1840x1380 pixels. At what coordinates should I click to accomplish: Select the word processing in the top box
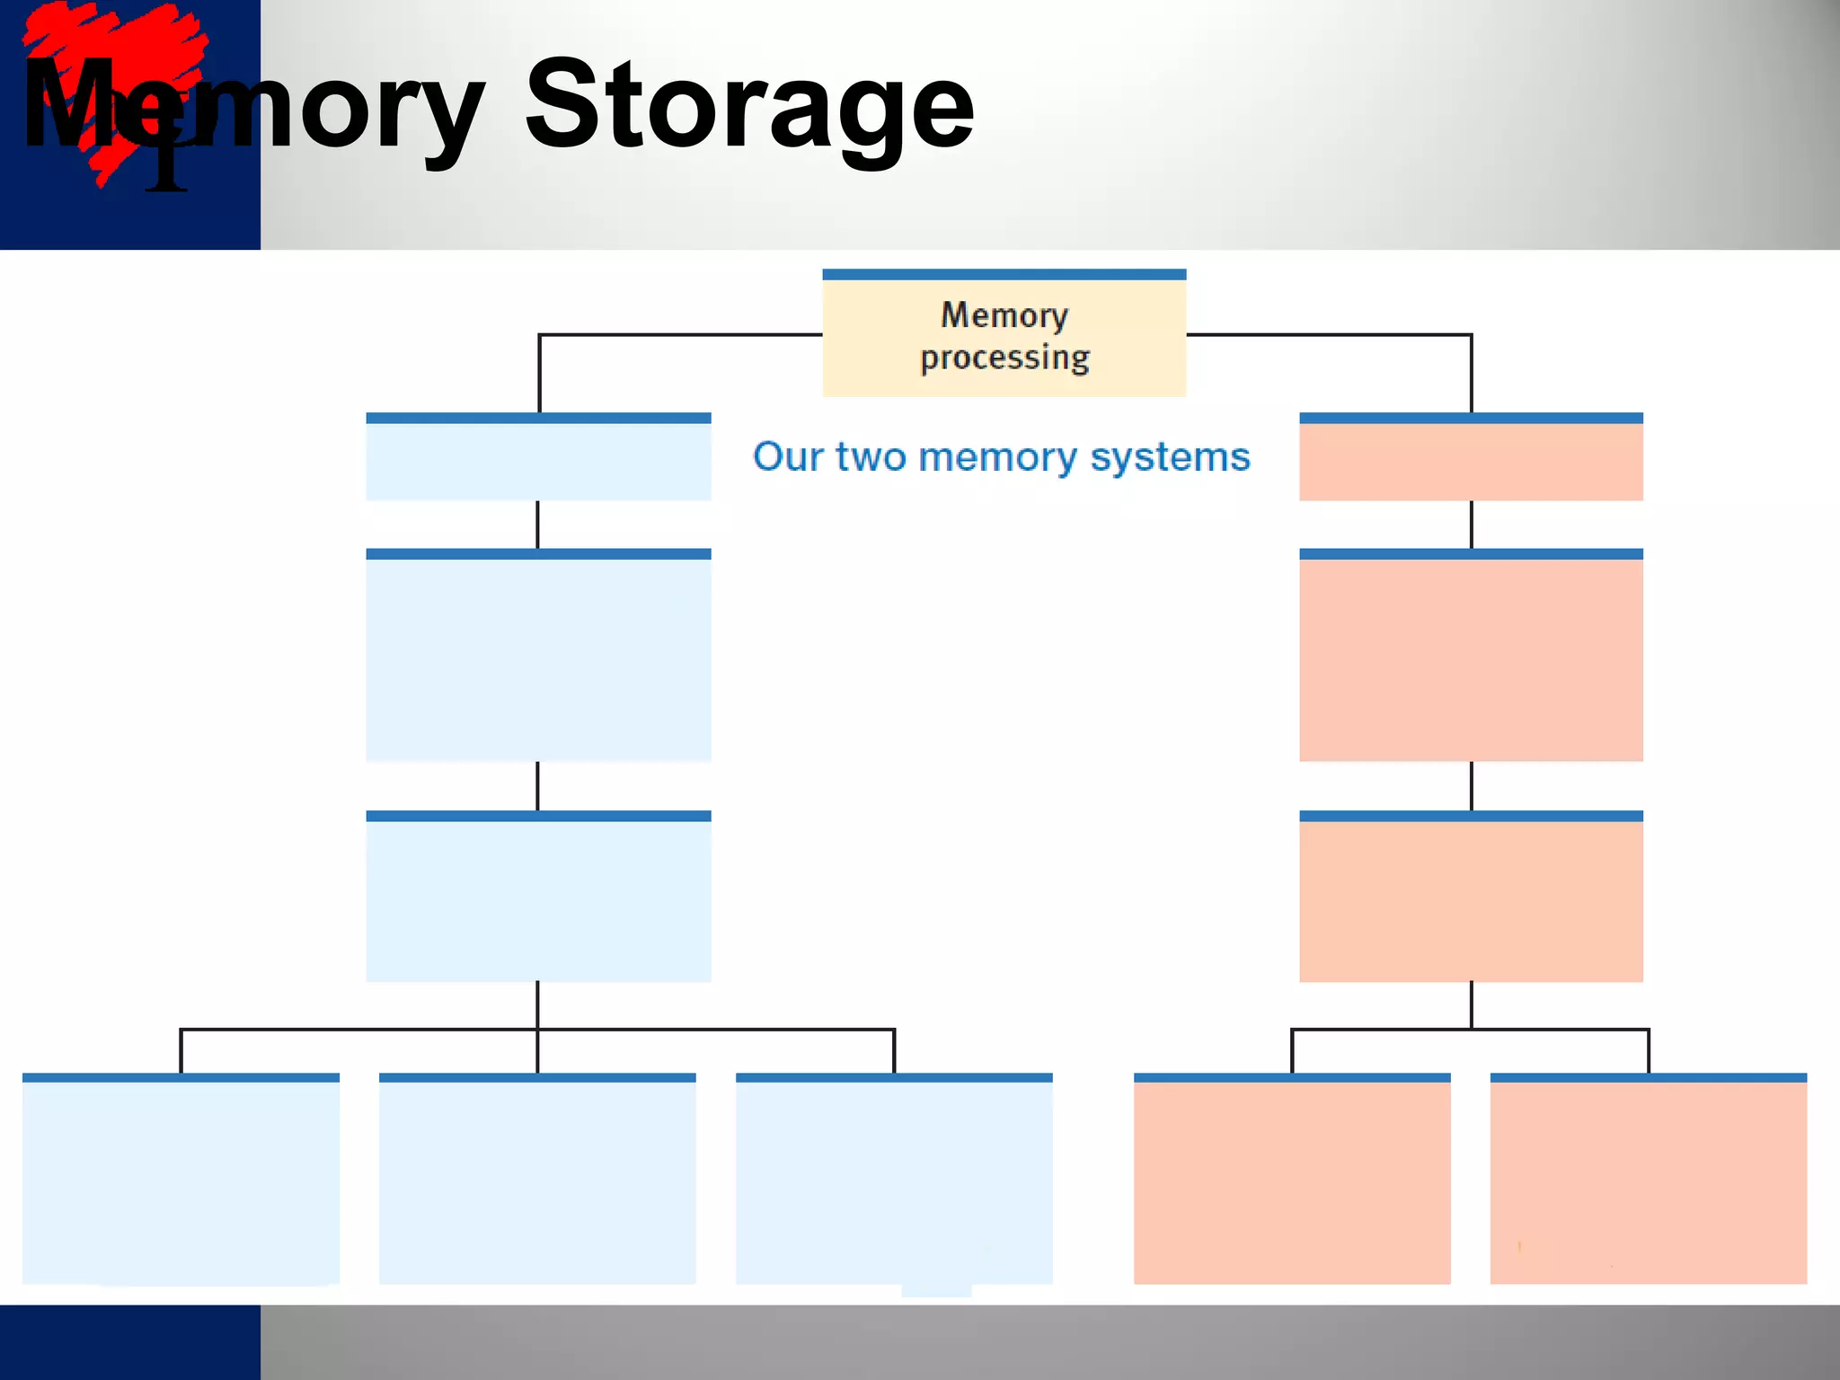[1004, 358]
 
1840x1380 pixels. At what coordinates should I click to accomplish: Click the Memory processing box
[1004, 334]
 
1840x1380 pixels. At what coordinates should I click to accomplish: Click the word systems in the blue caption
[1170, 457]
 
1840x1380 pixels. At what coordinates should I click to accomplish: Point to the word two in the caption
[871, 457]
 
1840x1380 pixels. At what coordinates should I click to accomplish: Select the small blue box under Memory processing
[538, 458]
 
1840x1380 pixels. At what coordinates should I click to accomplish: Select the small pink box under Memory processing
[1471, 458]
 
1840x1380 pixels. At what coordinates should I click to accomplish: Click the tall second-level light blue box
[538, 657]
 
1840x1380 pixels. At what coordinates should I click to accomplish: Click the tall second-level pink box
[1471, 657]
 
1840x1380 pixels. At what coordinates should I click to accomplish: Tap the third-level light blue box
[538, 898]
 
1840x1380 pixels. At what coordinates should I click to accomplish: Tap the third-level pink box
[1471, 898]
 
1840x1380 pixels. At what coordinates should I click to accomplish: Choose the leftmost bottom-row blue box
[181, 1179]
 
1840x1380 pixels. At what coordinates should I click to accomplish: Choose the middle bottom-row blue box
[537, 1179]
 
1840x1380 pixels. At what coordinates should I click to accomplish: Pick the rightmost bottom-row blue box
[894, 1179]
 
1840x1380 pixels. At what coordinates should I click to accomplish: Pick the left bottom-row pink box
[1292, 1179]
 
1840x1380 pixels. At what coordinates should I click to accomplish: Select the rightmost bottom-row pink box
[1649, 1179]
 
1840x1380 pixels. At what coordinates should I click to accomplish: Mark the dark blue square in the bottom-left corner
[129, 1341]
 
